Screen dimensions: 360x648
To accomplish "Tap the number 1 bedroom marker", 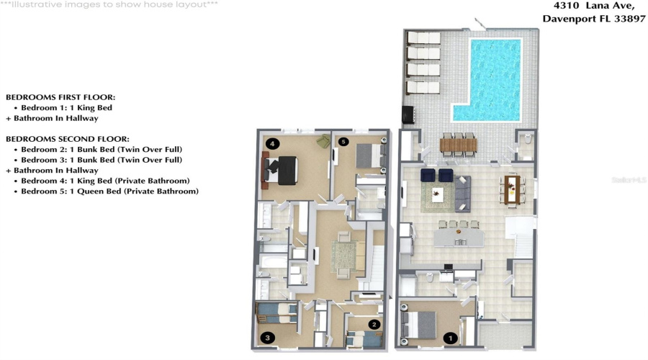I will [451, 337].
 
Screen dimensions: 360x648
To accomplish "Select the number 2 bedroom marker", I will [374, 325].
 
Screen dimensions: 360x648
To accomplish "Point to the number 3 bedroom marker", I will [267, 337].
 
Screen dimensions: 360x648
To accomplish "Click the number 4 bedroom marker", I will [271, 143].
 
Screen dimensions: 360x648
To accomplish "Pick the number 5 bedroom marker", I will [343, 142].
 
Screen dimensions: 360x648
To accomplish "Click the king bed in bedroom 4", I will [280, 168].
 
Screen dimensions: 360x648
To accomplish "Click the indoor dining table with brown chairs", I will [512, 189].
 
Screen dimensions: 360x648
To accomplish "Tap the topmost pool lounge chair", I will [423, 37].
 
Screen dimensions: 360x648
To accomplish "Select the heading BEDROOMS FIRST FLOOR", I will [60, 96].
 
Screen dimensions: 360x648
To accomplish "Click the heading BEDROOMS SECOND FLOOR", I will [68, 138].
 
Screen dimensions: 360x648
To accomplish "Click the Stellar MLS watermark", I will [631, 179].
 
